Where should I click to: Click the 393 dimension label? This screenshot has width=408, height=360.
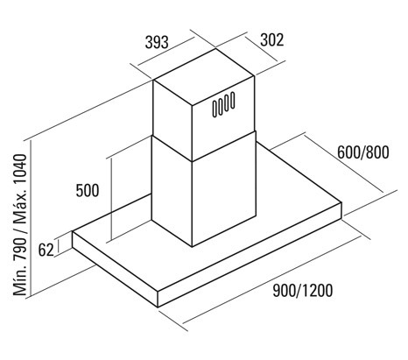click(157, 42)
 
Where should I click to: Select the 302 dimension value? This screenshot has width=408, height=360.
click(271, 39)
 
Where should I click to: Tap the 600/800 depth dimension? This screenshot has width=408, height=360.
click(363, 152)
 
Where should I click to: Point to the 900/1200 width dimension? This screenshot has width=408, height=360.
click(303, 291)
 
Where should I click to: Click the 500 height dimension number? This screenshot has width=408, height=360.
click(88, 191)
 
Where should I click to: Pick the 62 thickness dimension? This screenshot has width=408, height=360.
click(46, 251)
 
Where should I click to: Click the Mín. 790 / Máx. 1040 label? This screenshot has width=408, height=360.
click(20, 225)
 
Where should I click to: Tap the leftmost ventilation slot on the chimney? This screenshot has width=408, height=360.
click(215, 109)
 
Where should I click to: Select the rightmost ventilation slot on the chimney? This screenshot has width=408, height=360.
click(233, 100)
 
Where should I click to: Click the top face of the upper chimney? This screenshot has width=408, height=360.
click(204, 76)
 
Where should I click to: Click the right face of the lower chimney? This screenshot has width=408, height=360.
click(224, 189)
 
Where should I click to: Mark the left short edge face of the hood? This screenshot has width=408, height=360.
click(115, 269)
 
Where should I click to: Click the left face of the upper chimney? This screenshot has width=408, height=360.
click(172, 120)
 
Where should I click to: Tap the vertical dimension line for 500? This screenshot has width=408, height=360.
click(111, 199)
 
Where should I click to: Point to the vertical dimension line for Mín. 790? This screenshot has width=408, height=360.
click(30, 218)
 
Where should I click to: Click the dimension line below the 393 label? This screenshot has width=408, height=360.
click(165, 52)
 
